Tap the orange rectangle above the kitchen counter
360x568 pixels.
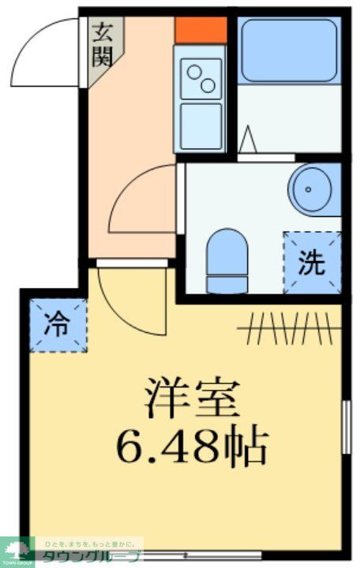201,30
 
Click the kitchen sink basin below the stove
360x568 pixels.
200,126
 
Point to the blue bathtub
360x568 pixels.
287,50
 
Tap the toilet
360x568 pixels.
227,259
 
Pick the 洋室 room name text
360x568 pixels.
192,398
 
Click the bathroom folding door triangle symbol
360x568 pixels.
248,141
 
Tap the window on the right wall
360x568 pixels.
345,427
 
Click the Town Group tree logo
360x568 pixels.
17,550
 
